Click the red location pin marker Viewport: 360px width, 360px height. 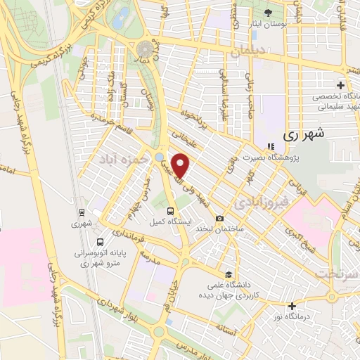181,166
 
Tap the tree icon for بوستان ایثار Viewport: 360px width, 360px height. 268,13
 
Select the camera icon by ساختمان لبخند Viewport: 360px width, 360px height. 220,219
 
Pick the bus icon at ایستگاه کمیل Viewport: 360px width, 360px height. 170,211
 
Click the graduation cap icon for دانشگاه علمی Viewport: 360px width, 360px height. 228,275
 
